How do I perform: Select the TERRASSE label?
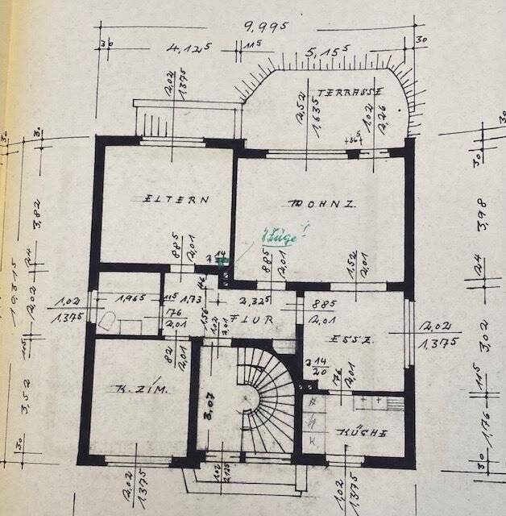(350, 91)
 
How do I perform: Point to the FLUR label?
(251, 319)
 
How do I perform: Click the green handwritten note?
(279, 237)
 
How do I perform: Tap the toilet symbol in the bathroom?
(109, 322)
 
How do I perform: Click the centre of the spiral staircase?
(256, 400)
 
